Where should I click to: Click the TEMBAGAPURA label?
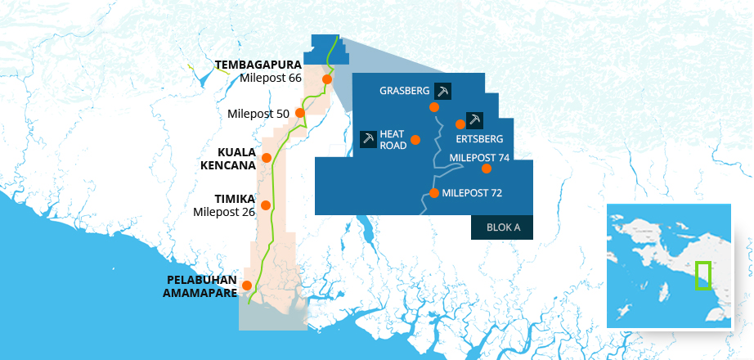click(258, 64)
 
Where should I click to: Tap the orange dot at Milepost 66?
click(327, 79)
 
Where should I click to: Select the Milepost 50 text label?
click(259, 114)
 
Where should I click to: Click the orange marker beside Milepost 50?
click(300, 113)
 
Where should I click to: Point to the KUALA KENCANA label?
click(228, 159)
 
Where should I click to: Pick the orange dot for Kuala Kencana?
click(266, 157)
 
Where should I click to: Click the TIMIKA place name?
click(236, 199)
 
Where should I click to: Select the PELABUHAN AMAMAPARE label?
click(202, 286)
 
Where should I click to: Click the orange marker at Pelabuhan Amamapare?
click(247, 285)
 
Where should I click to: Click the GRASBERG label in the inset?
click(405, 91)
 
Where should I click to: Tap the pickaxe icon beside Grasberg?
click(443, 91)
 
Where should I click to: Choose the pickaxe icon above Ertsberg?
click(474, 119)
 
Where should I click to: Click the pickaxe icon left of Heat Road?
click(369, 139)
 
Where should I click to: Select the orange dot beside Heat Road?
click(415, 140)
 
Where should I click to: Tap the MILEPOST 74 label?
click(480, 156)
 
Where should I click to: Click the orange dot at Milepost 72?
click(434, 194)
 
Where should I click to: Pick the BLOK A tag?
click(503, 227)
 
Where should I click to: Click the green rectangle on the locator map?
click(702, 276)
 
